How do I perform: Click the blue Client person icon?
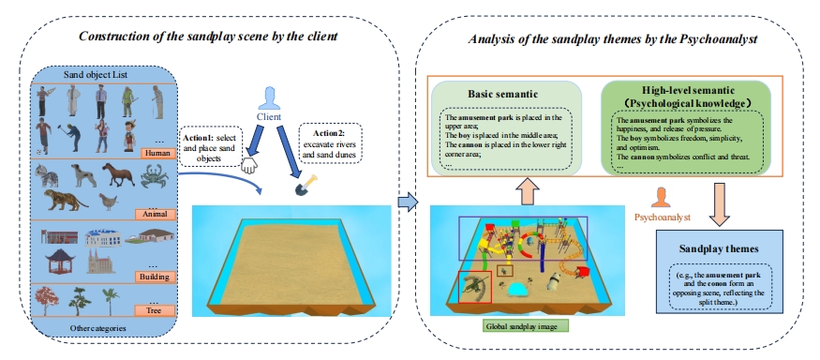[269, 98]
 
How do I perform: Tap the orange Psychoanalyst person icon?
[662, 198]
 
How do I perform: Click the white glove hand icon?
[249, 166]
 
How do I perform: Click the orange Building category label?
[155, 277]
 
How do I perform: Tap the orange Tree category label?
[155, 310]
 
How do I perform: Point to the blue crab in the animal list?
[155, 175]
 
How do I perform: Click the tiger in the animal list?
[66, 200]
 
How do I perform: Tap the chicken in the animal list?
[109, 202]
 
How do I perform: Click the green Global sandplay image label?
[526, 326]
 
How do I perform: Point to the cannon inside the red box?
[475, 287]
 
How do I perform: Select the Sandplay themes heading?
[718, 248]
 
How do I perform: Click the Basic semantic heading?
[503, 94]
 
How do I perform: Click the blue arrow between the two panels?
[408, 202]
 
